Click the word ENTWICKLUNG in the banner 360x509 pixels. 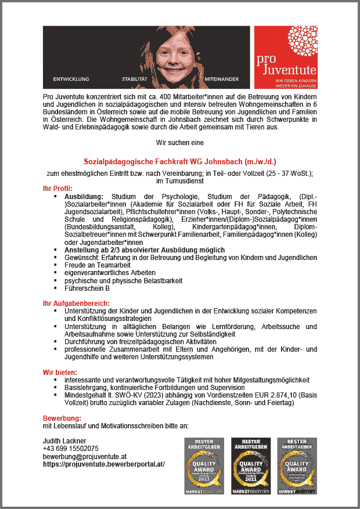click(71, 78)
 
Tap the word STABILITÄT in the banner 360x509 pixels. click(135, 78)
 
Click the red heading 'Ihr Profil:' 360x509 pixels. click(57, 188)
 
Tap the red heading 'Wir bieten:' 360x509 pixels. click(60, 371)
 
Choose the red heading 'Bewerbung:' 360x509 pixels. click(62, 418)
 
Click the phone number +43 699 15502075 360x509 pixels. click(70, 449)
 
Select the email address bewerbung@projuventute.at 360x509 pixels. click(85, 456)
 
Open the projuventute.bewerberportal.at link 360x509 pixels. click(104, 464)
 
